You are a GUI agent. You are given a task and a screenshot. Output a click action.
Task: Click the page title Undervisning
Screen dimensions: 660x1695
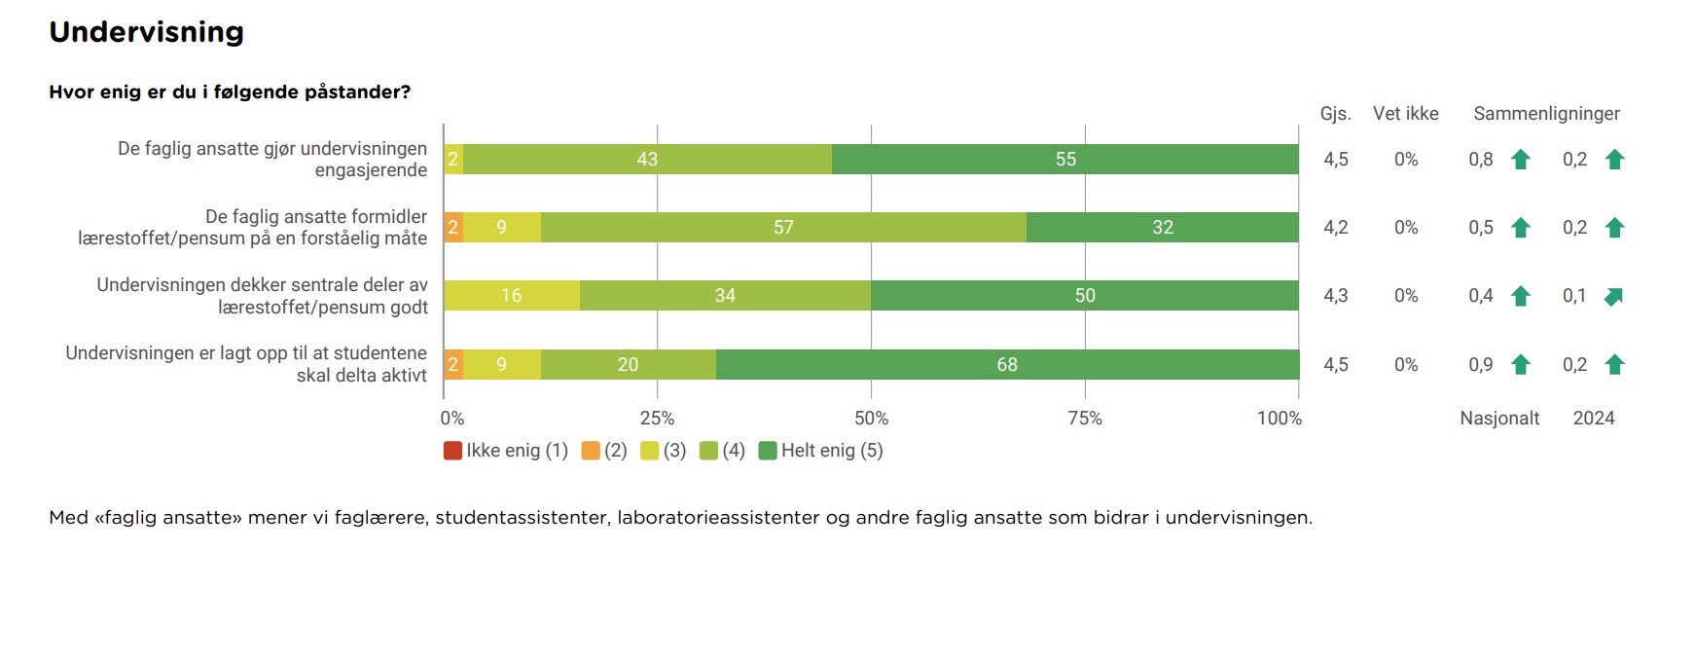[146, 32]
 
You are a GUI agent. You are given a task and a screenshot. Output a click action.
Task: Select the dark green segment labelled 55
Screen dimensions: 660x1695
[1065, 160]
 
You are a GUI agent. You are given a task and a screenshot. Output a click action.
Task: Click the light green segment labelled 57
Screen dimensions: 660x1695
[783, 228]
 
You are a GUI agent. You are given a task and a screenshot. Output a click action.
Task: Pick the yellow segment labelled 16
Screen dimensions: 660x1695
[512, 296]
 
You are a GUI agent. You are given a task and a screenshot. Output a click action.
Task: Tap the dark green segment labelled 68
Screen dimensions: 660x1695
[1007, 365]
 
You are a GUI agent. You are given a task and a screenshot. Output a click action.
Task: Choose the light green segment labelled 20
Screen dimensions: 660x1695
[628, 365]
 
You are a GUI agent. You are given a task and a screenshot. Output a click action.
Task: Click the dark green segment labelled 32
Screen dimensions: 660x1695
[1163, 228]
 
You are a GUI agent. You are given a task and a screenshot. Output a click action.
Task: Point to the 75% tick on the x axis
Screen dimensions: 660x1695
[1085, 419]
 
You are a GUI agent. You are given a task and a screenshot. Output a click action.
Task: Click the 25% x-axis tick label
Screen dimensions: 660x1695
[657, 419]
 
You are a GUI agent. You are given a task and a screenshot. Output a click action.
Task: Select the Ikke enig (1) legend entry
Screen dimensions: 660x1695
[506, 451]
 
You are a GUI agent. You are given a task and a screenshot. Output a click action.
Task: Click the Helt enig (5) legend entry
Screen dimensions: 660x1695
[821, 451]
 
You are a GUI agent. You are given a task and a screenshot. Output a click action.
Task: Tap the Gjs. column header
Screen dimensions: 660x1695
[1335, 114]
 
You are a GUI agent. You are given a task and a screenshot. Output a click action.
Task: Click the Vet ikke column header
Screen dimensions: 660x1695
[1405, 114]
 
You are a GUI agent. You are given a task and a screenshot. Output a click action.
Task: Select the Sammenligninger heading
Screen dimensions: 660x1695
[1546, 114]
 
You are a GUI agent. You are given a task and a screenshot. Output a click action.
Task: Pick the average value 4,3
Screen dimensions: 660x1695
[1335, 296]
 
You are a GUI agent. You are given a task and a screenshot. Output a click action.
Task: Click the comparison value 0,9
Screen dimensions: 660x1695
[1480, 365]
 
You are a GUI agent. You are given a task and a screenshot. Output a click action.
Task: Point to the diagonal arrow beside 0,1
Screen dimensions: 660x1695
[1614, 297]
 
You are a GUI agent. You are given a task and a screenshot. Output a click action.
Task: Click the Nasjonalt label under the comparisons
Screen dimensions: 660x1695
[1499, 419]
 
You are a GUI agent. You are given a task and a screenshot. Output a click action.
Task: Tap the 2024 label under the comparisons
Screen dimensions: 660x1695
[1594, 419]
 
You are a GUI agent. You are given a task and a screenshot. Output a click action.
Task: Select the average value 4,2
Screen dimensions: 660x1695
[1335, 228]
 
